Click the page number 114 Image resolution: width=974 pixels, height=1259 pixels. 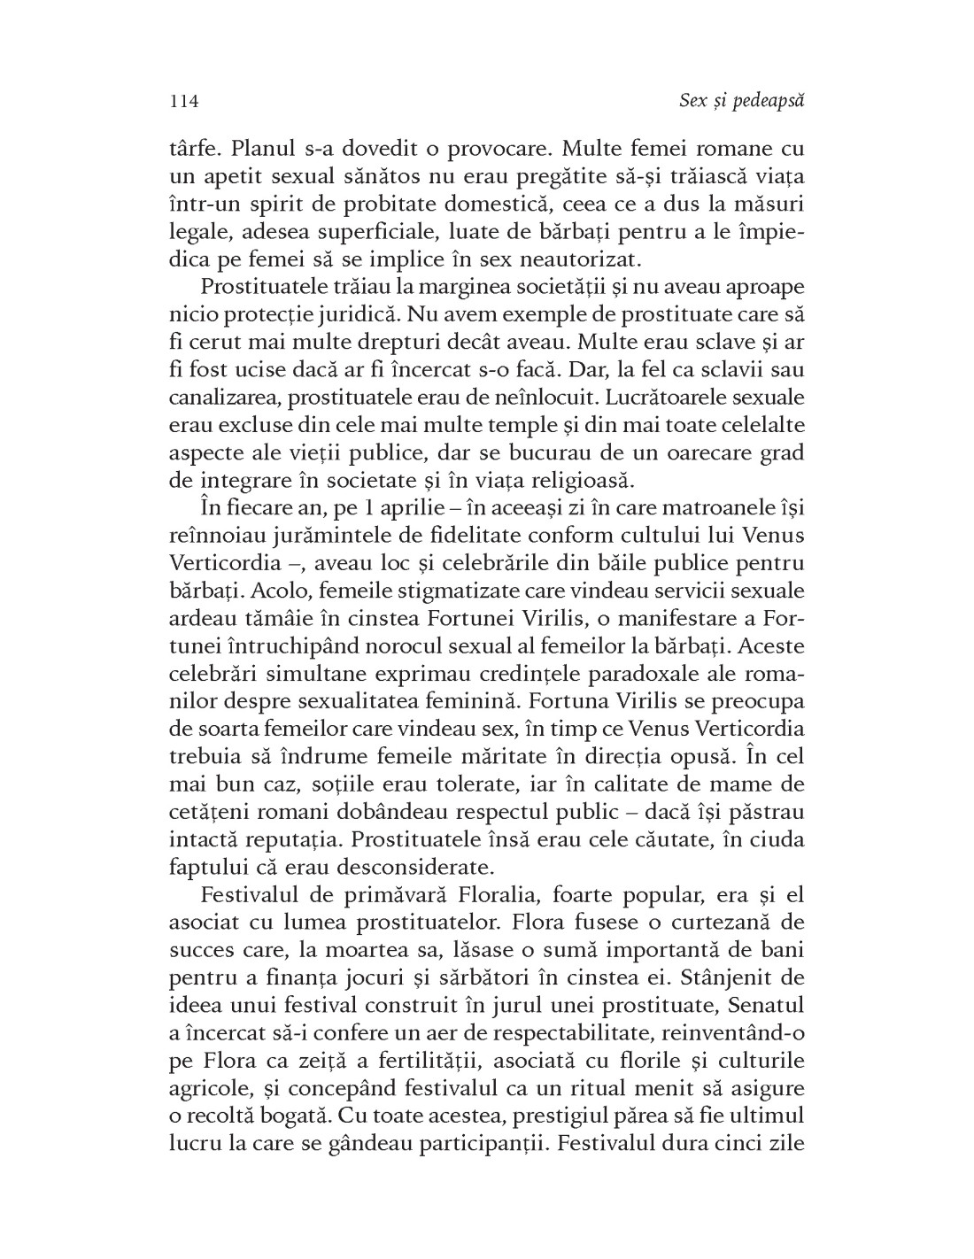pyautogui.click(x=183, y=101)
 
